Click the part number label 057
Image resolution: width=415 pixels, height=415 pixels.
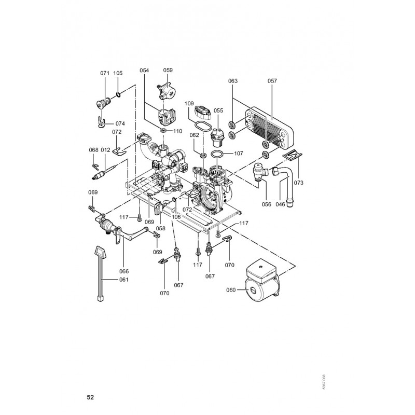point(272,81)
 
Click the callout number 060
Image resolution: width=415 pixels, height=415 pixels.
point(231,290)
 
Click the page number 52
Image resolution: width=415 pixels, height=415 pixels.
point(90,397)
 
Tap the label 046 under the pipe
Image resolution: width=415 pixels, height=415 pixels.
point(280,204)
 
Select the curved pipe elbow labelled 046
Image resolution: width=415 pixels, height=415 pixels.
point(286,183)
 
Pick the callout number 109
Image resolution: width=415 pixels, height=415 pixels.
point(189,103)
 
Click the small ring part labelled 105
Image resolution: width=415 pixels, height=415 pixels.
point(119,94)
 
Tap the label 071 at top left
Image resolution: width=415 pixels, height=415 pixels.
point(105,73)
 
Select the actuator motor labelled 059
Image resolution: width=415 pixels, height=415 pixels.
point(166,91)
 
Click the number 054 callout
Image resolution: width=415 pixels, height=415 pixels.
point(144,70)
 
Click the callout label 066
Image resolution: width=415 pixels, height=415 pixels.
point(124,271)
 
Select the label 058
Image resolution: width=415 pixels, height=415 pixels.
point(161,228)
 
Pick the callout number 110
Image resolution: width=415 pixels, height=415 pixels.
point(178,131)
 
